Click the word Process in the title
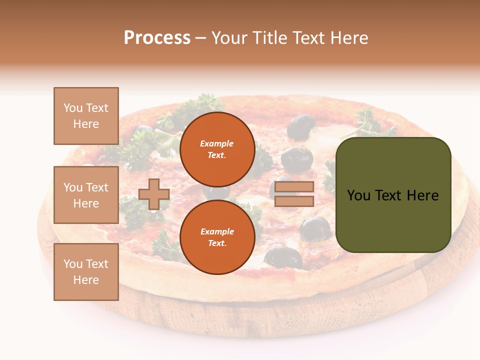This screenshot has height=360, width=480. pyautogui.click(x=157, y=38)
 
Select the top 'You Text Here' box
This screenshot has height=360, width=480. pyautogui.click(x=86, y=116)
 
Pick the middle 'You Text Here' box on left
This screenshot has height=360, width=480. pyautogui.click(x=86, y=195)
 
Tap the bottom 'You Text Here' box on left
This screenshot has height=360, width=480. pyautogui.click(x=86, y=271)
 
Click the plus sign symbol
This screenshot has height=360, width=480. pyautogui.click(x=154, y=194)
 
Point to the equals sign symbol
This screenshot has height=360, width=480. pyautogui.click(x=294, y=194)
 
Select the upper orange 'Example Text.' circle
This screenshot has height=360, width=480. pyautogui.click(x=217, y=149)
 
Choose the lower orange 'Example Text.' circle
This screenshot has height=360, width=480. pyautogui.click(x=217, y=237)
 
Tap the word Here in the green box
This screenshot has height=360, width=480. pyautogui.click(x=422, y=195)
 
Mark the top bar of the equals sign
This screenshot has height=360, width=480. pyautogui.click(x=294, y=186)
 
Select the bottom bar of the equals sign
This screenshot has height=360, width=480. pyautogui.click(x=294, y=201)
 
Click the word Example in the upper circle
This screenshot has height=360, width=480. pyautogui.click(x=217, y=143)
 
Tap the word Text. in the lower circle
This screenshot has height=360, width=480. pyautogui.click(x=217, y=243)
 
